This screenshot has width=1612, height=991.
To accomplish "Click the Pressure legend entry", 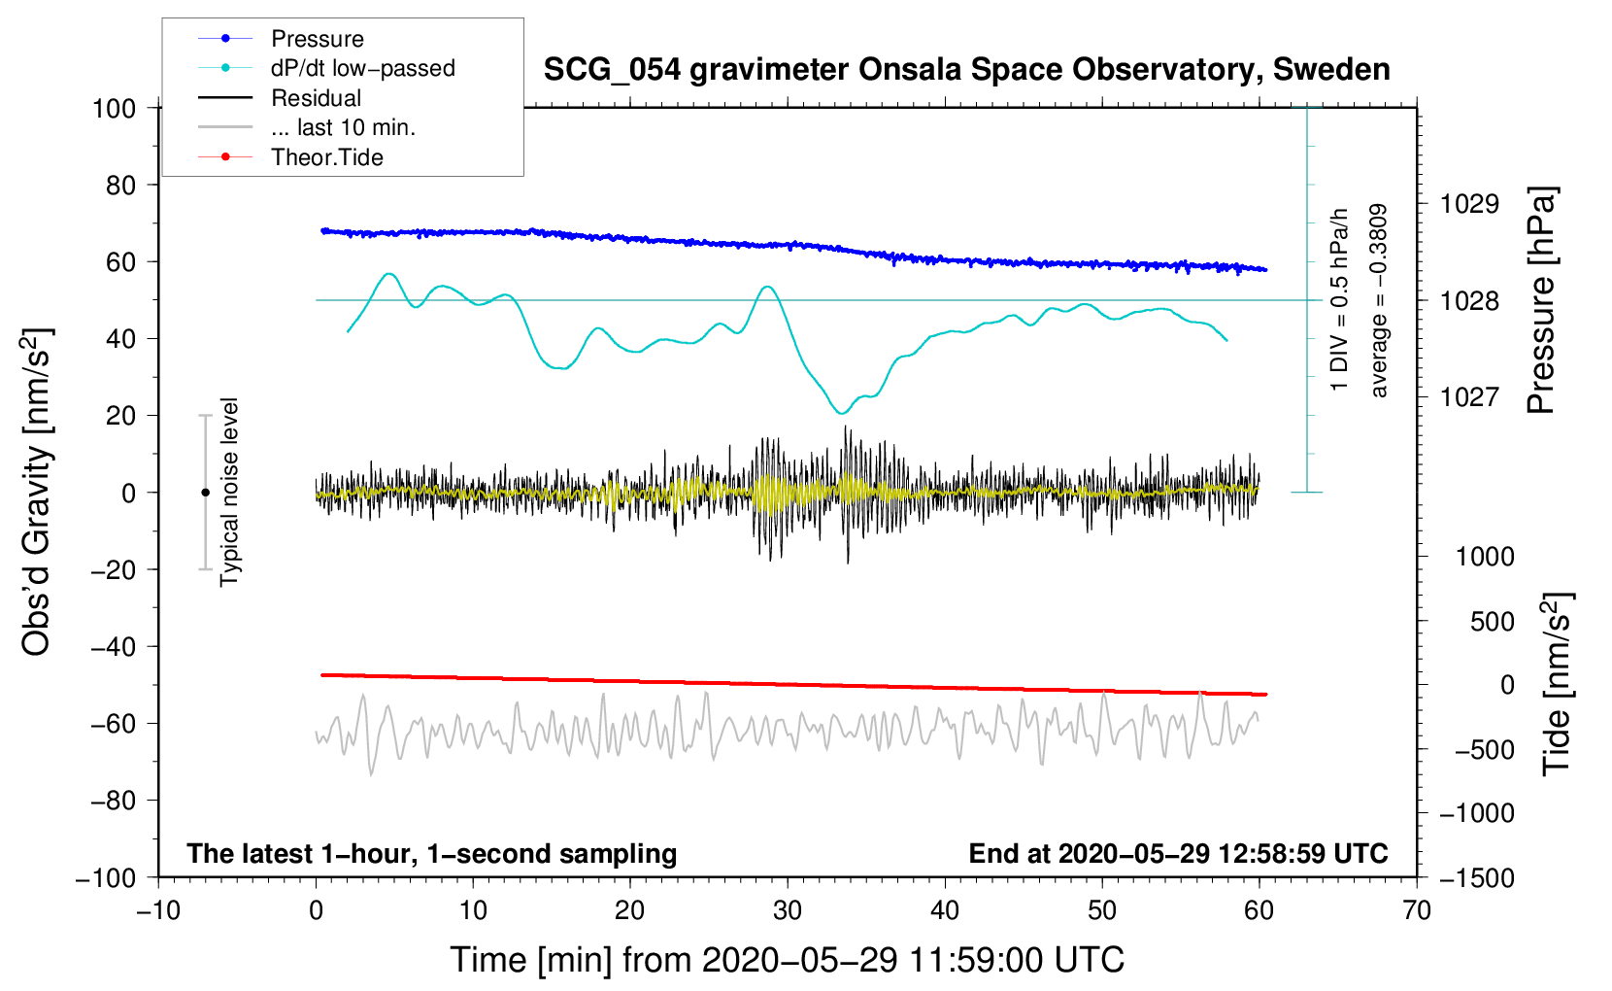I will point(317,39).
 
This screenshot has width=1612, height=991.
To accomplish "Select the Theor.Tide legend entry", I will point(326,157).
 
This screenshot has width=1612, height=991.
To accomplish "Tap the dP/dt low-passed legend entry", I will point(362,68).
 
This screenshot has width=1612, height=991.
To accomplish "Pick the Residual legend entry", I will point(316,98).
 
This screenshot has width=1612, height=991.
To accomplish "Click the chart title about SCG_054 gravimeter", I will point(966,70).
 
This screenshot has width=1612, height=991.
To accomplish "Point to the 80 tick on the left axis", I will point(120,185).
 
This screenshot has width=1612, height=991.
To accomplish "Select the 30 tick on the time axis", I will point(788,911).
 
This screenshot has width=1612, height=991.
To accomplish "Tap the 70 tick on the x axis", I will point(1417,911).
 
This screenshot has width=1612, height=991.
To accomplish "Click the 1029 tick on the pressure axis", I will point(1468,204).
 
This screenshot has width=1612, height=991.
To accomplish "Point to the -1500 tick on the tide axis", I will point(1476,877).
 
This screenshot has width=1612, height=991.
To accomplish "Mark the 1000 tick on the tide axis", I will point(1484,557).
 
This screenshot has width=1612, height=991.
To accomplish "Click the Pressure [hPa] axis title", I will point(1541,301).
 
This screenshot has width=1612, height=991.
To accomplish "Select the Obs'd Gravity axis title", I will point(37,493).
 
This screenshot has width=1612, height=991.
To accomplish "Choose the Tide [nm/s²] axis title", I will point(1558,684).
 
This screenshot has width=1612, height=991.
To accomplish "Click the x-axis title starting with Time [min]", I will point(788,960).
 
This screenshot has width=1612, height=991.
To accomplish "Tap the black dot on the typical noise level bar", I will point(205,493).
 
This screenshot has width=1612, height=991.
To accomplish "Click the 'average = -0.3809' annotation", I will point(1379,301).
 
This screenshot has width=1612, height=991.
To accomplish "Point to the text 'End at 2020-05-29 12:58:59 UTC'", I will point(1178,854).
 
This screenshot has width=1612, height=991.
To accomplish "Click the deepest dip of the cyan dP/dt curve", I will point(841,414).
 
